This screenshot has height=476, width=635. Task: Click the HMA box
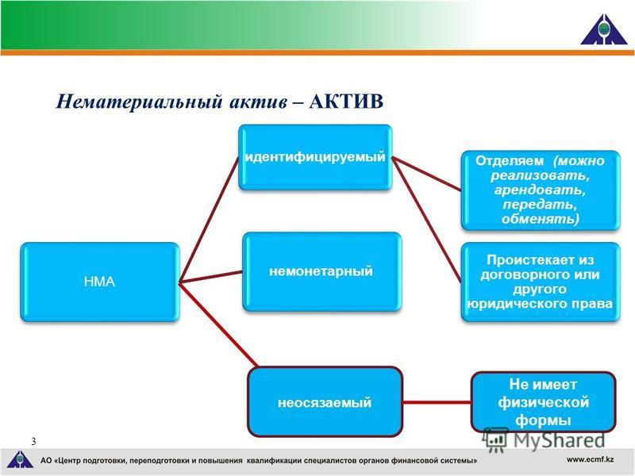pos(100,282)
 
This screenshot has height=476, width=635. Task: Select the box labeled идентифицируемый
pos(315,157)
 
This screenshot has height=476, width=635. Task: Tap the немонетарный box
pos(321,271)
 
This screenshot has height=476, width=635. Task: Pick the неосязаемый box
pos(325,401)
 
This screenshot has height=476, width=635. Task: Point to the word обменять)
pos(541,219)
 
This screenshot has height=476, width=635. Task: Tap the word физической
pos(543,402)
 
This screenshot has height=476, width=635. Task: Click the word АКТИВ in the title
pos(346,102)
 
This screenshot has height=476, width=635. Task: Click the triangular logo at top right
pos(604,29)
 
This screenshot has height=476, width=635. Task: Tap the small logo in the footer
pos(21,459)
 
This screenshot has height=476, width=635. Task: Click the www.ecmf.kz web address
pos(590,459)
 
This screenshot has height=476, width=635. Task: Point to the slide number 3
pos(33,441)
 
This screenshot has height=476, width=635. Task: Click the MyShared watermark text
pos(560,440)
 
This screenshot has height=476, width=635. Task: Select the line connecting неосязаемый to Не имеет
pos(437,402)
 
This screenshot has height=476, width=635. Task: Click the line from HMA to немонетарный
pos(211,277)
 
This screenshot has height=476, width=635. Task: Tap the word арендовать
pos(540,190)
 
